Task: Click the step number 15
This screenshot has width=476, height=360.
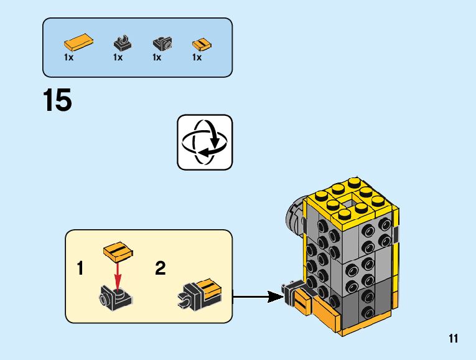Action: pos(57,100)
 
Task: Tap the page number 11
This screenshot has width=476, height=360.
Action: pos(452,339)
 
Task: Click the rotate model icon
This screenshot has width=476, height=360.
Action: pos(204,141)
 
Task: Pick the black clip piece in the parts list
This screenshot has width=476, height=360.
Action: pos(122,43)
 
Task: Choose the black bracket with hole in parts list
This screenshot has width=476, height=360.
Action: pos(162,44)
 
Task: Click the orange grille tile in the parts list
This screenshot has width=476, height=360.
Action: pos(200,44)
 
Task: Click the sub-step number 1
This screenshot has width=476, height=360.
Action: pos(80,269)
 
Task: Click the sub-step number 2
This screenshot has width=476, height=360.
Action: pos(161,269)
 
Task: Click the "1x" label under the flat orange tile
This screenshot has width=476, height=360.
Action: pos(68,57)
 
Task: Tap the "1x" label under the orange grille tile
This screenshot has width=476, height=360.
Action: pos(197,57)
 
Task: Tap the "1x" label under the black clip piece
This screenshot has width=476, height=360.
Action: pos(118,57)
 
